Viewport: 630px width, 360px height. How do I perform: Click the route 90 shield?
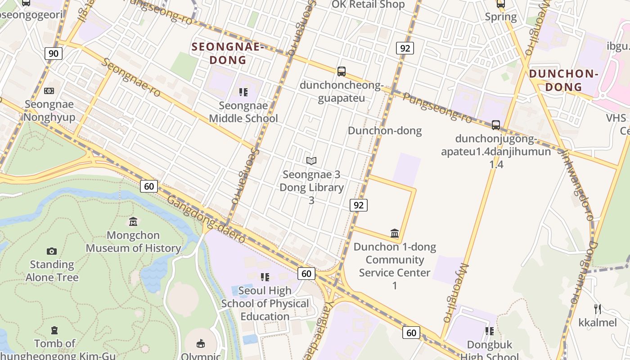click(x=53, y=54)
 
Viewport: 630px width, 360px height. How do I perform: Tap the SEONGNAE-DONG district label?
click(x=227, y=53)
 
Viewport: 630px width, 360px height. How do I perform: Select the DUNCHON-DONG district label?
click(x=563, y=80)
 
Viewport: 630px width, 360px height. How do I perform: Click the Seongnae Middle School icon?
click(x=243, y=92)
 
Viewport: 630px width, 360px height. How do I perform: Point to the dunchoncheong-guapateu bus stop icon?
click(x=342, y=71)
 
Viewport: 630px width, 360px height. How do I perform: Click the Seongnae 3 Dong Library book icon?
click(x=311, y=161)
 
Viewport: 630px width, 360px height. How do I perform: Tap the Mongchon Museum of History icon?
click(x=133, y=221)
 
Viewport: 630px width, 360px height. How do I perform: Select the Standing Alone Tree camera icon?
click(x=52, y=251)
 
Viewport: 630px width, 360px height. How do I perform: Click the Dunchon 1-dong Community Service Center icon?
click(x=395, y=233)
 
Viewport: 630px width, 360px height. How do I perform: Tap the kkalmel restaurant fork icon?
click(x=598, y=309)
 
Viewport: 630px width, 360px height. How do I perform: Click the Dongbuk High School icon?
click(x=490, y=331)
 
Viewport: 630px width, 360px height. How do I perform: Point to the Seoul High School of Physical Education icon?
click(x=265, y=277)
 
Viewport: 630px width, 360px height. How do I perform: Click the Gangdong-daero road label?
click(x=206, y=219)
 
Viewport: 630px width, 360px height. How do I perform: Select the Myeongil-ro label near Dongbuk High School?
click(x=455, y=292)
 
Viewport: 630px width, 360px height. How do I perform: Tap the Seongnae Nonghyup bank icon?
click(x=49, y=91)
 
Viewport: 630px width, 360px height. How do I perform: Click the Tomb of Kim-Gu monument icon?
click(x=54, y=330)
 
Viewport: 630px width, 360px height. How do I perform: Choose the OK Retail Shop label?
click(x=368, y=4)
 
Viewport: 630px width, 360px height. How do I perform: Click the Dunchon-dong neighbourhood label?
click(x=385, y=130)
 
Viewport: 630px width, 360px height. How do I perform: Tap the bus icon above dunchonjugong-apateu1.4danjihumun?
click(x=496, y=125)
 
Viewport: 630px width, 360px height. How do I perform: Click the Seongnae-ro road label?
click(x=130, y=77)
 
